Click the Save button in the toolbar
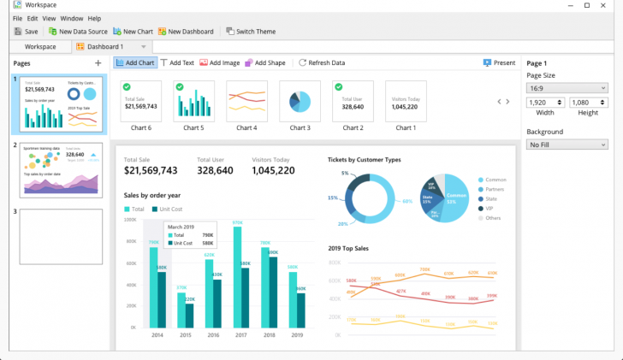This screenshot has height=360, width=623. click(x=25, y=32)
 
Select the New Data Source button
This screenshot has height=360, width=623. click(x=78, y=32)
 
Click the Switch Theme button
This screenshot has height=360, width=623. click(x=251, y=32)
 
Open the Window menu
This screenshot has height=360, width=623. click(x=72, y=18)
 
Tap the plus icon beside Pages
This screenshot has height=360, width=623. click(x=98, y=63)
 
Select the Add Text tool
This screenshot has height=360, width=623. click(x=177, y=62)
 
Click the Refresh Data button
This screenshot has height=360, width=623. click(x=322, y=62)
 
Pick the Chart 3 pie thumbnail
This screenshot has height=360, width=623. click(x=300, y=102)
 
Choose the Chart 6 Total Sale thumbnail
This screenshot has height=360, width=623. click(x=140, y=102)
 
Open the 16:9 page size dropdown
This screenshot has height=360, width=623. click(x=567, y=87)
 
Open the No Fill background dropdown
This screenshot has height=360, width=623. click(x=567, y=145)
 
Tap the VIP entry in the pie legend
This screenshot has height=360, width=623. click(x=489, y=208)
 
